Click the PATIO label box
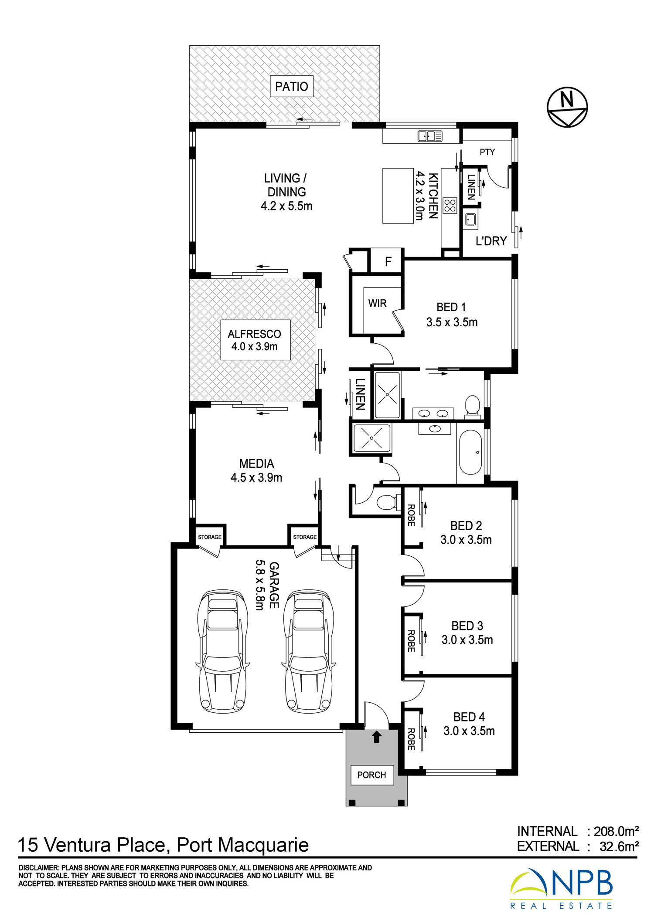pyautogui.click(x=291, y=86)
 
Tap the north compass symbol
pyautogui.click(x=567, y=107)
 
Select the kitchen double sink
pyautogui.click(x=430, y=136)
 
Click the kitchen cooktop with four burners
pyautogui.click(x=450, y=205)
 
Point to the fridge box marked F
pyautogui.click(x=388, y=261)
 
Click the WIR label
pyautogui.click(x=377, y=303)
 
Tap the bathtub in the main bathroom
pyautogui.click(x=470, y=452)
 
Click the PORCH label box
pyautogui.click(x=371, y=775)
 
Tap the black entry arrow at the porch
pyautogui.click(x=377, y=737)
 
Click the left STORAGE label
pyautogui.click(x=210, y=537)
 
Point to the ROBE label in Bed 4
pyautogui.click(x=411, y=739)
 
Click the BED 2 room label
pyautogui.click(x=466, y=526)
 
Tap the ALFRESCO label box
pyautogui.click(x=255, y=340)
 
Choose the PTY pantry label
pyautogui.click(x=487, y=152)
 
